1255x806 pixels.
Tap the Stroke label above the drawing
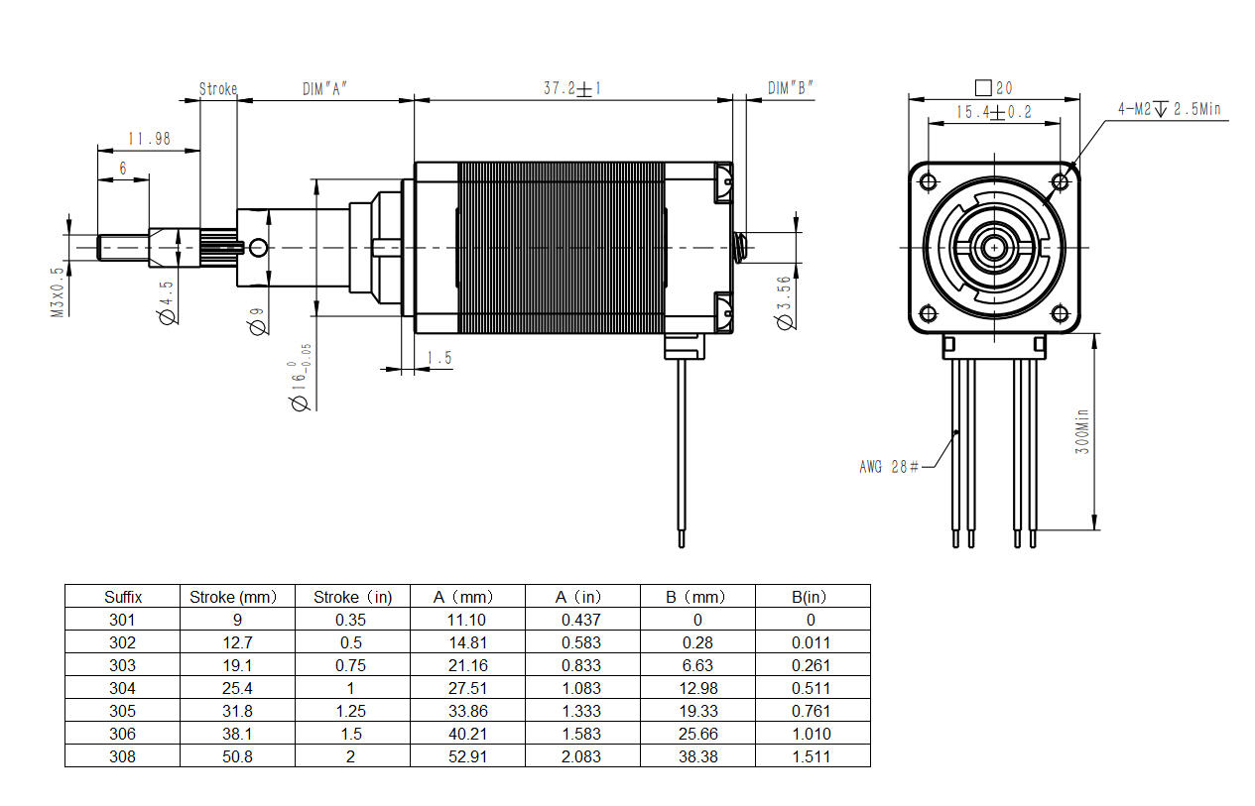218,88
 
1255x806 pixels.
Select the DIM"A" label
324,88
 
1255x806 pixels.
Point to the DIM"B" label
791,88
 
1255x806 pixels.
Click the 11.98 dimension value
149,139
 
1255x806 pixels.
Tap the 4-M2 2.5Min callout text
1169,109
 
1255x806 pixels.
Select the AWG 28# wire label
889,466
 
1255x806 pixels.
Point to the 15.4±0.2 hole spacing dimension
993,113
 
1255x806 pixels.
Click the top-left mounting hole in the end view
929,181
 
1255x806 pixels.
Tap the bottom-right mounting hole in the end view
1060,314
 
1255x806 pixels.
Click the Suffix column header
123,597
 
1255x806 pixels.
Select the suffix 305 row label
123,711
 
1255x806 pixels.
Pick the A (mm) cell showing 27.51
467,688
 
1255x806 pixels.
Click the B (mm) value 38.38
697,756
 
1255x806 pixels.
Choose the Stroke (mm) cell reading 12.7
238,642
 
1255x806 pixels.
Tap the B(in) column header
812,597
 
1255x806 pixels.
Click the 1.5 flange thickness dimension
439,358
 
